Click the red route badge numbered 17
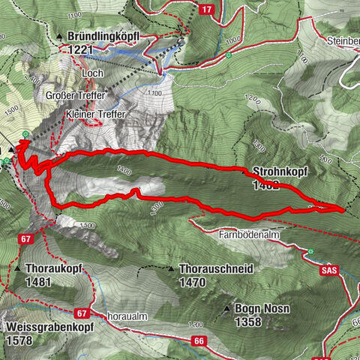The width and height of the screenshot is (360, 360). point(208,9)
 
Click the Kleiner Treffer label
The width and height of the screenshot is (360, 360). point(96,113)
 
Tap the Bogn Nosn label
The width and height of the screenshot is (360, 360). point(259,309)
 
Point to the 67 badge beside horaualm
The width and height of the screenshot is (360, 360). point(82,313)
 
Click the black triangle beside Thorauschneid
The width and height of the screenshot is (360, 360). point(172,268)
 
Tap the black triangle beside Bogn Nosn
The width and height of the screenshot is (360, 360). point(226,308)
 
